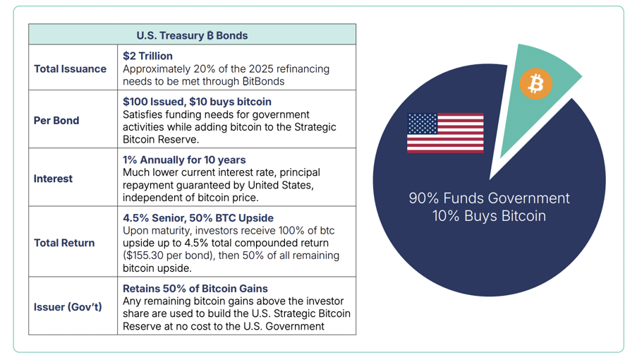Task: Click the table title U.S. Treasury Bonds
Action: (192, 35)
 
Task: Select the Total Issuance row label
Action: (70, 69)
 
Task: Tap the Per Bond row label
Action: (56, 121)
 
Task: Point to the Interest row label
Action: (53, 179)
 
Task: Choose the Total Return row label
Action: (64, 243)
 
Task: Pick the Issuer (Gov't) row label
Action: (68, 307)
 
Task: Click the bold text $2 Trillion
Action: (147, 56)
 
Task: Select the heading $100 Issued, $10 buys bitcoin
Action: (197, 102)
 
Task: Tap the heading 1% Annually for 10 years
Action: (184, 160)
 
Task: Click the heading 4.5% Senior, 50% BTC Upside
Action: (198, 218)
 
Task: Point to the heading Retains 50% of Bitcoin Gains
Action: (195, 289)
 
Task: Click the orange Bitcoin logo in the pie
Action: (536, 84)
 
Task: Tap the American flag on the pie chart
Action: (445, 133)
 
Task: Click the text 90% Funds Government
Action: (489, 198)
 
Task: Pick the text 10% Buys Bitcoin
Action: (489, 216)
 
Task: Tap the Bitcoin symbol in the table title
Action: (210, 35)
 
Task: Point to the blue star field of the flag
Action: (423, 124)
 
